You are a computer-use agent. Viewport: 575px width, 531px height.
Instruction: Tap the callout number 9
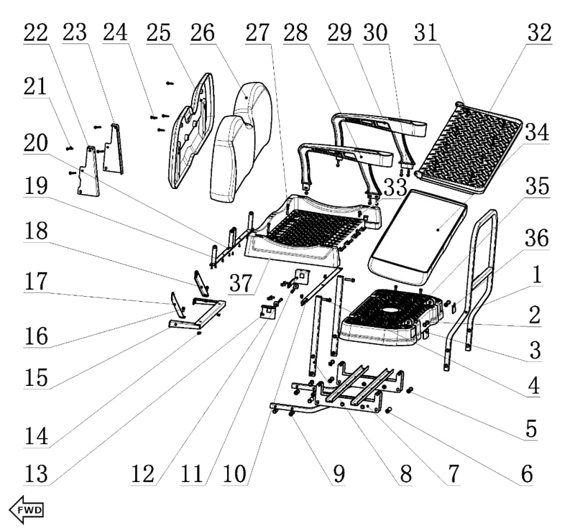point(339,474)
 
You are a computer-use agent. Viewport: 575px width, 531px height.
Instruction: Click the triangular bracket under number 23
point(113,151)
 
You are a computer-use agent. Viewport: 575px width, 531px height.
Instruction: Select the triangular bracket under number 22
point(88,172)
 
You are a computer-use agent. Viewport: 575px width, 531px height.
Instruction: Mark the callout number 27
point(257,34)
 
